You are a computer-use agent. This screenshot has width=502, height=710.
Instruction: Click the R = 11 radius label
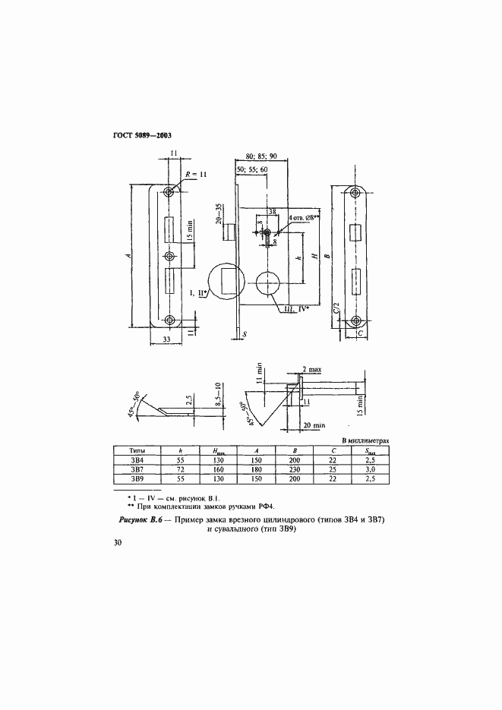[x=196, y=175]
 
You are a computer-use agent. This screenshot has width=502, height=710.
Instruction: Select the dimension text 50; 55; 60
[x=252, y=169]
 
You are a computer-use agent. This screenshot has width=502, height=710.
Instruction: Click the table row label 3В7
[x=137, y=469]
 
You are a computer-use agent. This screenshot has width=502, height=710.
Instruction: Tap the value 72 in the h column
[x=181, y=469]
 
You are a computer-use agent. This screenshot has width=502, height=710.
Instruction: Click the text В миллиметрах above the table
[x=365, y=440]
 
